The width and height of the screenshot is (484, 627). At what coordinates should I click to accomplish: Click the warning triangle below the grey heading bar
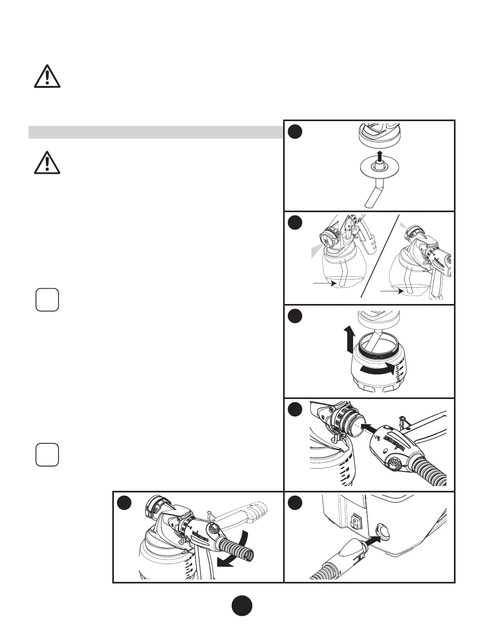47,162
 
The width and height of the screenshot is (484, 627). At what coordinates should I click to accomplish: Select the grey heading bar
156,132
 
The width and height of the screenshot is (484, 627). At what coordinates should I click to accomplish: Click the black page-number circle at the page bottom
242,606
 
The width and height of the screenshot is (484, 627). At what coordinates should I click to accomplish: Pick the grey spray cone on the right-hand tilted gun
403,225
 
